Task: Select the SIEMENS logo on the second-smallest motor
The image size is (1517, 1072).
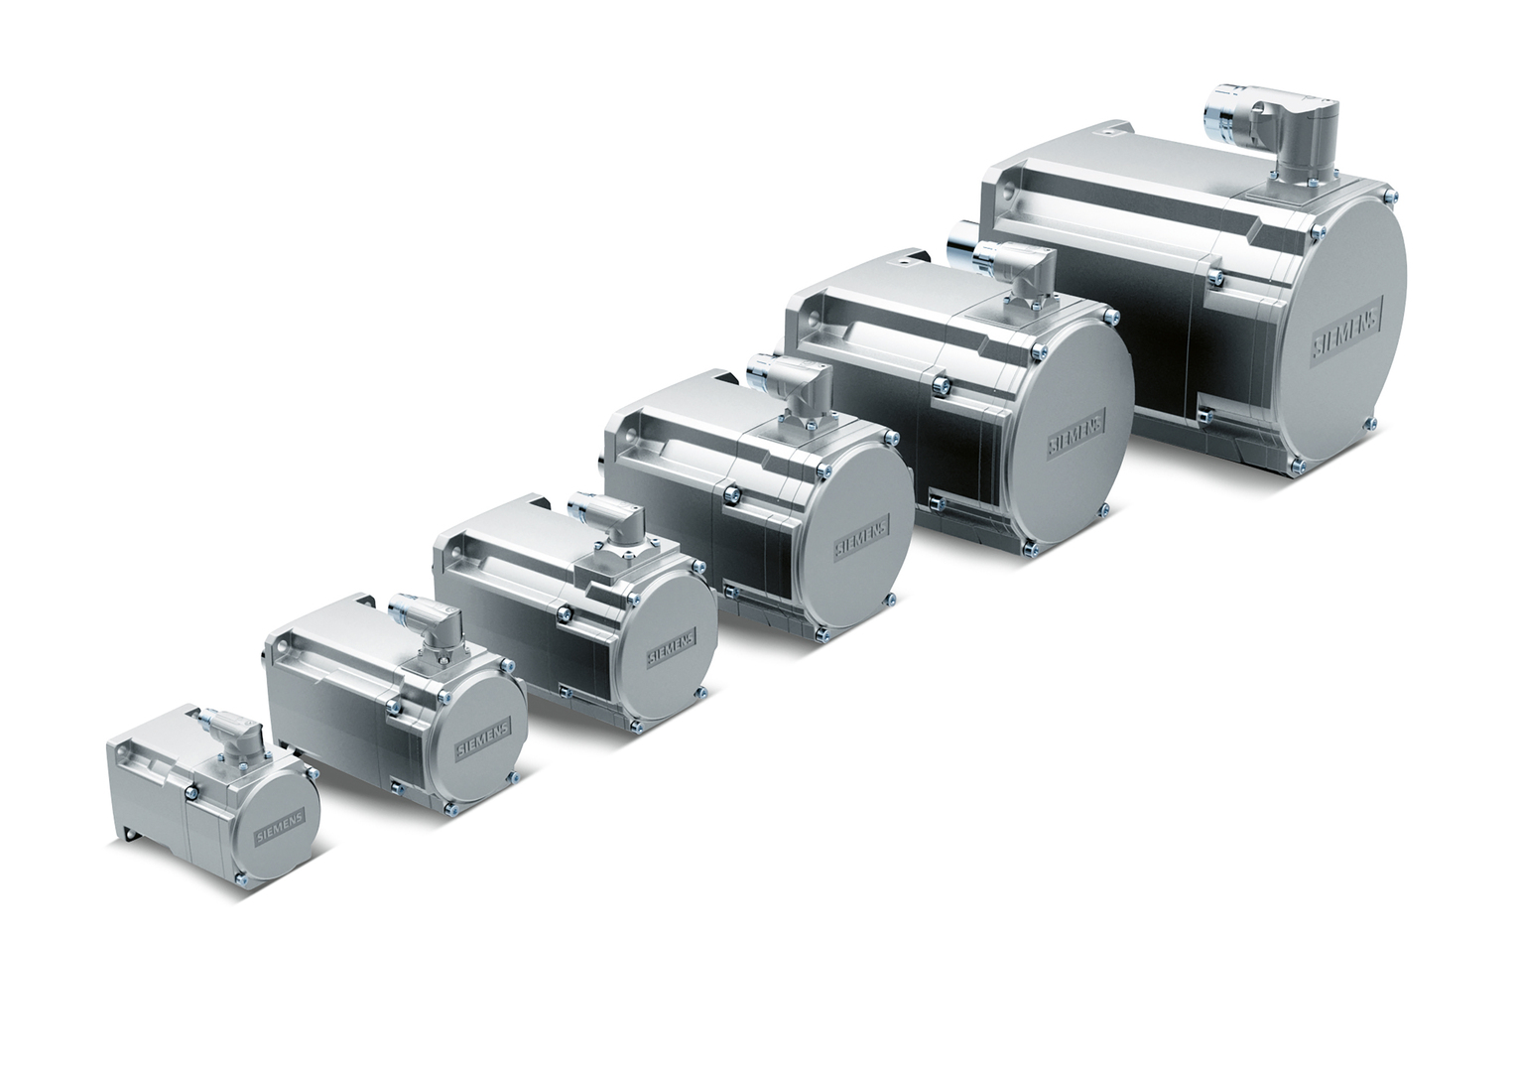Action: click(481, 741)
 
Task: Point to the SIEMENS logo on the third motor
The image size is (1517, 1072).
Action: click(671, 648)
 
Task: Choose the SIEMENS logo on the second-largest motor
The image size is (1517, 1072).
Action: click(1076, 431)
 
